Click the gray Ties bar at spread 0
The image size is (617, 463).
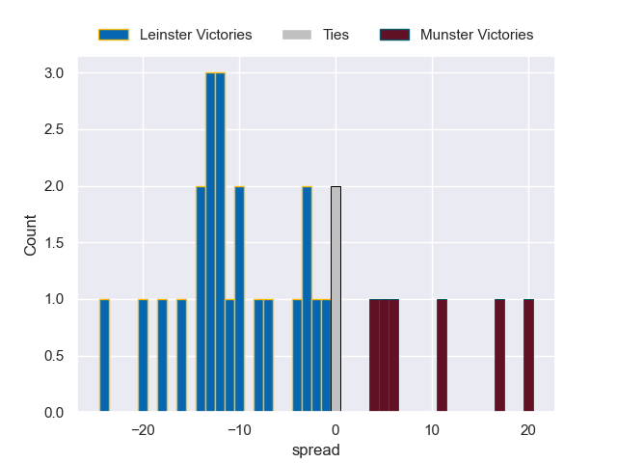(335, 299)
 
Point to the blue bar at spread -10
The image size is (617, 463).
(239, 299)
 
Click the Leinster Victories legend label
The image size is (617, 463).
(196, 35)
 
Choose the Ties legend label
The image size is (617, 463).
(329, 35)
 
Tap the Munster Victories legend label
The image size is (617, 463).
(476, 35)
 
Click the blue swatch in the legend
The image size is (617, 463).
(113, 35)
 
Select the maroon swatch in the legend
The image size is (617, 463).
(394, 35)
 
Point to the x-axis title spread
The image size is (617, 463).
(316, 450)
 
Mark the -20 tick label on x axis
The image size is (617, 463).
(143, 430)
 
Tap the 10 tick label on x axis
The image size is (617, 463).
(432, 430)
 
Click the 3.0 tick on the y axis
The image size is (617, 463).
(54, 73)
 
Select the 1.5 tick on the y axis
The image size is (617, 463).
(54, 243)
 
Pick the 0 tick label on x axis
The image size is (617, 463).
(335, 430)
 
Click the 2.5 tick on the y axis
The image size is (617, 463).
(54, 130)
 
